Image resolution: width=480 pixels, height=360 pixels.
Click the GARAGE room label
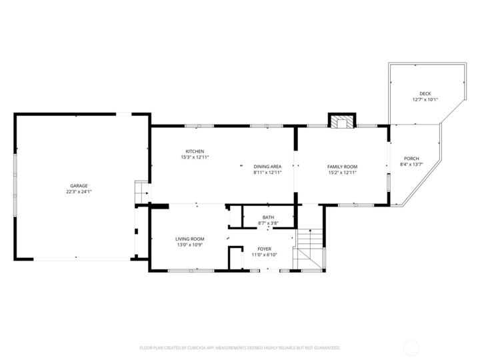(79, 186)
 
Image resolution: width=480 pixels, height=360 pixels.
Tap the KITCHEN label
(195, 151)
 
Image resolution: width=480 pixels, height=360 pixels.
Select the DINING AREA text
(267, 167)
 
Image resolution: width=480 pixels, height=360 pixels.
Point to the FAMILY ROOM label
(342, 167)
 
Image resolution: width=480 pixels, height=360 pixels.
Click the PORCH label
(411, 159)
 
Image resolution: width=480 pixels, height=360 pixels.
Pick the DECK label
(425, 94)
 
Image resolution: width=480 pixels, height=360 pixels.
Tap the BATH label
(268, 217)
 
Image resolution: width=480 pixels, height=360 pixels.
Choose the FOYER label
(264, 249)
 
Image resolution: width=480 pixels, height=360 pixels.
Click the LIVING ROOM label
(190, 239)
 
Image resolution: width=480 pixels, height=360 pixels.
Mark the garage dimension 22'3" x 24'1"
(79, 192)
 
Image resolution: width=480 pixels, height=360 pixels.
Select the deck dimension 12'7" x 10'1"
(425, 99)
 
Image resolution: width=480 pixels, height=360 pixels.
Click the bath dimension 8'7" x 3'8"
(268, 223)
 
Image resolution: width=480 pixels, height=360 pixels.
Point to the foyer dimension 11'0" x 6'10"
(264, 255)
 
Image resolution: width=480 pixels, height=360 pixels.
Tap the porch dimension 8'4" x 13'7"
(411, 165)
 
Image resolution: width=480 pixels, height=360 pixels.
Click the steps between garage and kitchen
(142, 191)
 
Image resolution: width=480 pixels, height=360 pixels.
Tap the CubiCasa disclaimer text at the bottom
(240, 348)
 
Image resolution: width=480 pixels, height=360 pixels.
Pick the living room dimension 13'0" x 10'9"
(190, 245)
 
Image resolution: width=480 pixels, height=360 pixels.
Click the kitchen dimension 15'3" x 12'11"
(195, 157)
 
